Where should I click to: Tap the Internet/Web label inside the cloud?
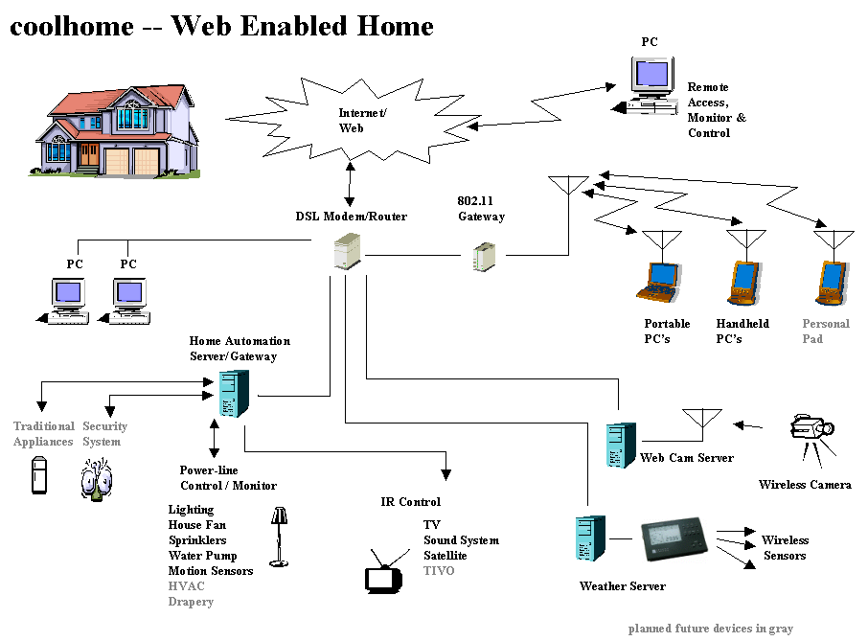pyautogui.click(x=362, y=121)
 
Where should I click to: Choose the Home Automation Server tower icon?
pyautogui.click(x=235, y=394)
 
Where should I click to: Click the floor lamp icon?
pyautogui.click(x=279, y=537)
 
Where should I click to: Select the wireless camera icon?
pyautogui.click(x=811, y=436)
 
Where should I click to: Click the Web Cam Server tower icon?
pyautogui.click(x=620, y=445)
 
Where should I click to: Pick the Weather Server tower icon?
pyautogui.click(x=589, y=543)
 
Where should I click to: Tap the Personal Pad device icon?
pyautogui.click(x=831, y=280)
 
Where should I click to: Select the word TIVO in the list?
pyautogui.click(x=439, y=571)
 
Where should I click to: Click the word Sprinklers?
pyautogui.click(x=197, y=540)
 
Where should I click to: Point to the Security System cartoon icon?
pyautogui.click(x=96, y=478)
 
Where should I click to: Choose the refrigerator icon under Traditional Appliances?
pyautogui.click(x=38, y=475)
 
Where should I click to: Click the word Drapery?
pyautogui.click(x=191, y=602)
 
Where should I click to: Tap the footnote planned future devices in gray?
pyautogui.click(x=710, y=629)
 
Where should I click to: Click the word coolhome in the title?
pyautogui.click(x=72, y=26)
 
